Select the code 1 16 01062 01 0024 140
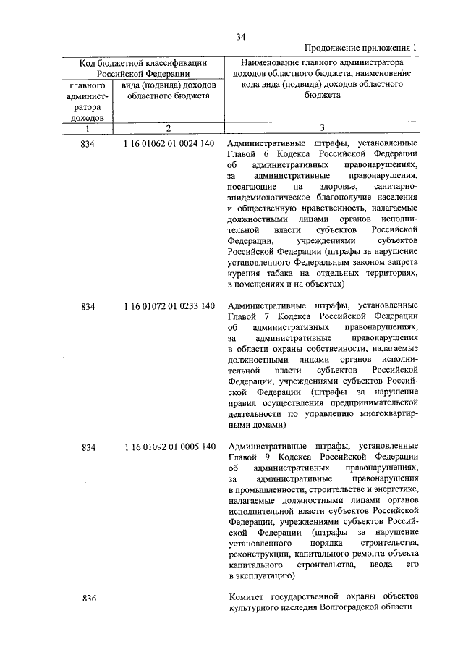[x=169, y=144]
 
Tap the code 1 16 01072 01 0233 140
[x=169, y=306]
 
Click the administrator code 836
[x=89, y=598]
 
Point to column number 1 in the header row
[x=87, y=128]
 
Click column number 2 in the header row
[x=167, y=128]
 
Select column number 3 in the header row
[x=322, y=128]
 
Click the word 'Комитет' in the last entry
[x=247, y=596]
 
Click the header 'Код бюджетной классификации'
[x=143, y=63]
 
